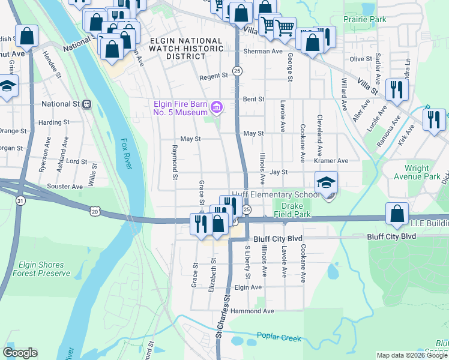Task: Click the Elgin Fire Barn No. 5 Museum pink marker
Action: point(217,108)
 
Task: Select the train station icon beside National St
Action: point(87,104)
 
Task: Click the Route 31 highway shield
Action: point(20,201)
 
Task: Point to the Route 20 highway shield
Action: point(95,211)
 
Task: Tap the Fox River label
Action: point(126,152)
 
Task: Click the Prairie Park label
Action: point(365,20)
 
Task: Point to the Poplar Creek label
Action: point(279,338)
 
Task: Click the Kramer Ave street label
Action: point(331,161)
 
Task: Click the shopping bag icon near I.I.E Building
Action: point(397,214)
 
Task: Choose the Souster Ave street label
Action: point(65,187)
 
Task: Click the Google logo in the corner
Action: point(20,353)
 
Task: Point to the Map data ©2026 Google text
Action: point(412,355)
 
